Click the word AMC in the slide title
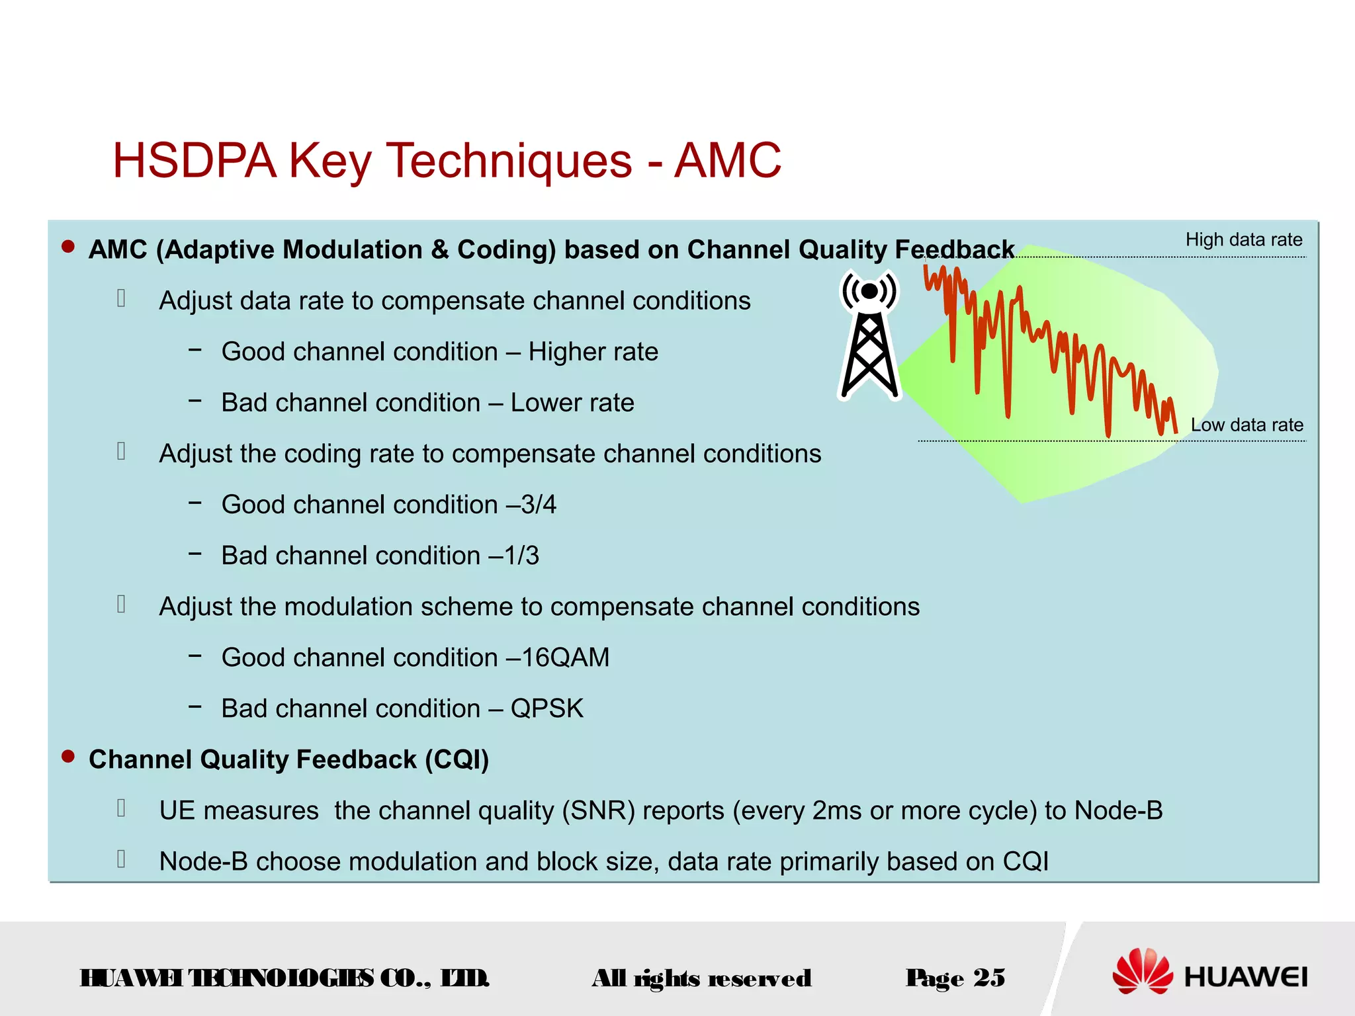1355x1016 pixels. click(x=727, y=161)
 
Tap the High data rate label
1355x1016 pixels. click(x=1243, y=239)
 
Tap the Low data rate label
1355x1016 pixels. click(x=1246, y=425)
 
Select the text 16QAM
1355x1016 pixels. click(x=566, y=657)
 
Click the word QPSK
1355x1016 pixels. click(x=547, y=708)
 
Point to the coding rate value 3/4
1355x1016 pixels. click(x=539, y=505)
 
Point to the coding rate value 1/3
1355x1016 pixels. click(x=521, y=556)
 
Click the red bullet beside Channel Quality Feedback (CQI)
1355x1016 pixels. click(x=68, y=756)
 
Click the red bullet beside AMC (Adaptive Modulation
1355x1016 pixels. click(x=68, y=247)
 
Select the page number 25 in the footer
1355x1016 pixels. click(x=989, y=977)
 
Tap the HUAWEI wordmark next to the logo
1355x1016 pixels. click(x=1246, y=977)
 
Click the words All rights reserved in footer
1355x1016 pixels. click(x=701, y=978)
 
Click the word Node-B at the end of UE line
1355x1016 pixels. click(x=1118, y=810)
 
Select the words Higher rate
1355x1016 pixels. click(x=593, y=352)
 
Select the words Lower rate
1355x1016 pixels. click(x=572, y=403)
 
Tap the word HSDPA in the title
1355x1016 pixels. click(x=195, y=161)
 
